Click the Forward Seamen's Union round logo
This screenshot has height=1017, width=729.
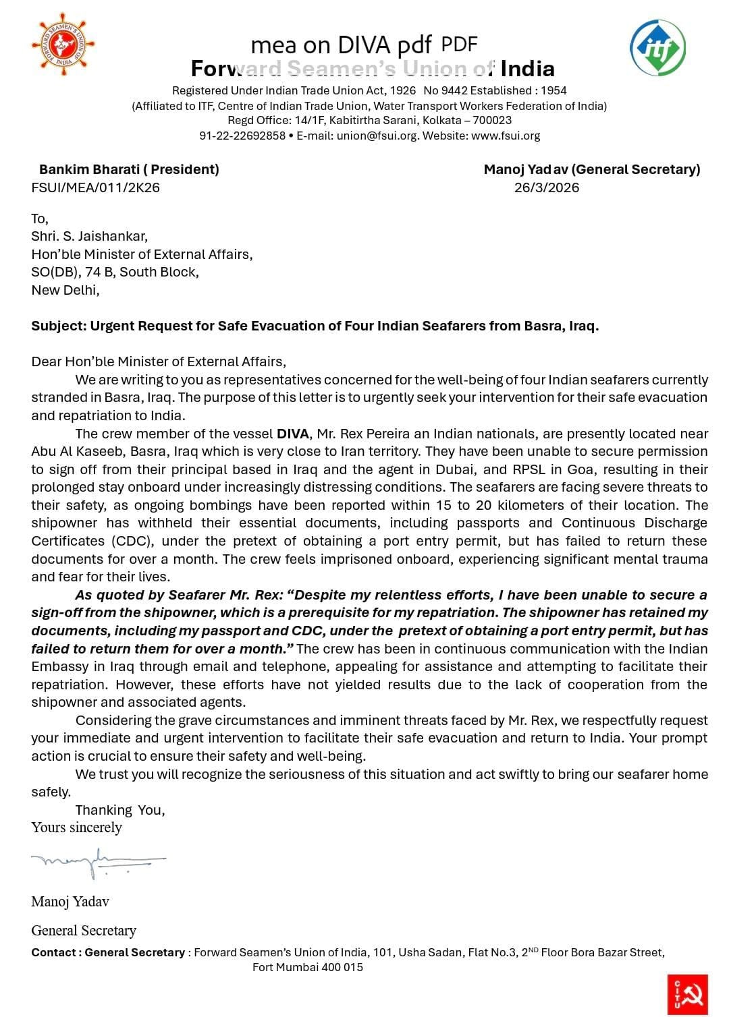click(x=63, y=44)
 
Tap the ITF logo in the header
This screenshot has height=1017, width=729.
click(x=657, y=48)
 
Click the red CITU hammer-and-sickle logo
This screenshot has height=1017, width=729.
click(x=687, y=993)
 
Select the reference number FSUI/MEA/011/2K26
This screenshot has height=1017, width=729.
click(x=96, y=187)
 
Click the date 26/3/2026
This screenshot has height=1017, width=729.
click(x=547, y=187)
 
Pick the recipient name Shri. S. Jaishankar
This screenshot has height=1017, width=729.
click(x=89, y=236)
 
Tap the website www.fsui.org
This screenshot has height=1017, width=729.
click(x=506, y=136)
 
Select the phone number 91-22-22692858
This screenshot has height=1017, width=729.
click(x=242, y=136)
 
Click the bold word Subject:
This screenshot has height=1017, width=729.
click(x=59, y=326)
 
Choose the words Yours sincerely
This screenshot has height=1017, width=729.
click(x=76, y=827)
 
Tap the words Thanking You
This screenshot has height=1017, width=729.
click(x=120, y=810)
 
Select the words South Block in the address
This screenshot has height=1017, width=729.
click(x=159, y=272)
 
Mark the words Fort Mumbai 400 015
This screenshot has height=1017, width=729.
click(x=308, y=967)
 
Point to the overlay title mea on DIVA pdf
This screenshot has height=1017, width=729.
click(x=341, y=45)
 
